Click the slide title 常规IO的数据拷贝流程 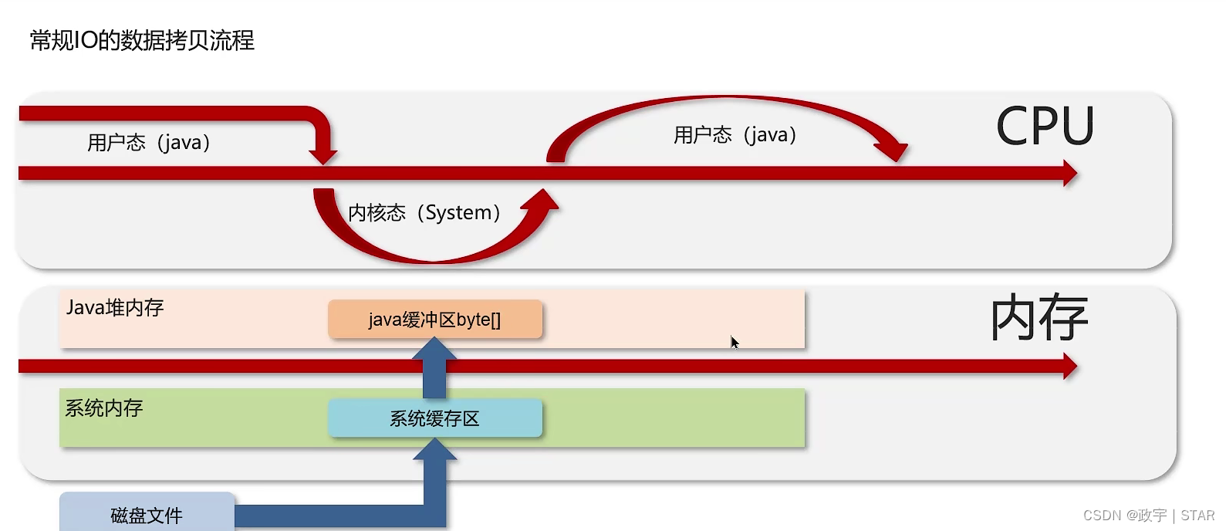pos(142,40)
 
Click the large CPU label pos(1045,127)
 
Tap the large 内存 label pos(1039,318)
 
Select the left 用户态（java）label pos(149,143)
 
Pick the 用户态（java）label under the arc pos(735,135)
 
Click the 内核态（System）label pos(424,212)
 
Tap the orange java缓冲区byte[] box pos(435,320)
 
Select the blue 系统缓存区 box pos(435,418)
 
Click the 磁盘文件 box pos(147,514)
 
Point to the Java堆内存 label pos(115,308)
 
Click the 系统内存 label pos(104,408)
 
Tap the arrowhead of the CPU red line pos(1069,173)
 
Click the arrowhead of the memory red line pos(1069,366)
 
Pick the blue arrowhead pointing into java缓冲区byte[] pos(434,350)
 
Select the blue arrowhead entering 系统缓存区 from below pos(435,449)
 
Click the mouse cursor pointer pos(735,342)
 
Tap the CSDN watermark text pos(1148,516)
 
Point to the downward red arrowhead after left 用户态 pos(323,157)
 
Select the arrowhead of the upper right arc pos(893,152)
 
